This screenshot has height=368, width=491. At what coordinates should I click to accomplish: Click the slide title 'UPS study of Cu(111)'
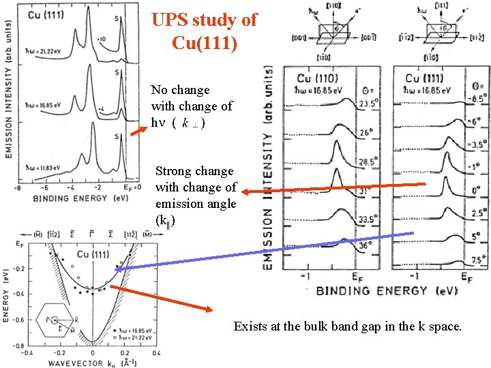coord(205,31)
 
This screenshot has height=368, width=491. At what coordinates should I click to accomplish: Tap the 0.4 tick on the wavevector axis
coord(155,353)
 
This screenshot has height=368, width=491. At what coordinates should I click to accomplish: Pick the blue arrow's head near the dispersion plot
coord(117,270)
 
